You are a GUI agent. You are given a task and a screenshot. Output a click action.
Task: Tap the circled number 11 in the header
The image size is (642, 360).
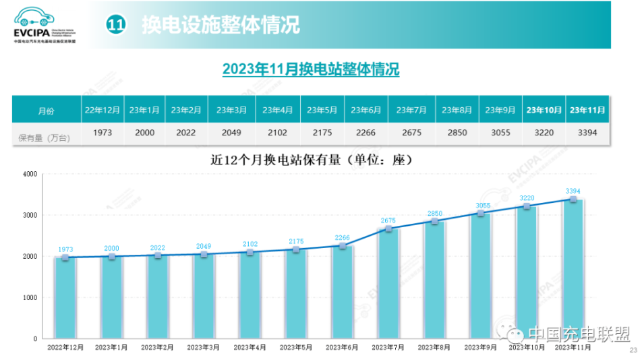[117, 25]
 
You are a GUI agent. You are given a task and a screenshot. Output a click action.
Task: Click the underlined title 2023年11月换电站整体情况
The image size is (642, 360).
[311, 69]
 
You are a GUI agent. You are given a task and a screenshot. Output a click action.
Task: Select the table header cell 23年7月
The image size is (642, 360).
[411, 109]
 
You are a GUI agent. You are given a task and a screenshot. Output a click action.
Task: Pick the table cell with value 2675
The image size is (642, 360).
[411, 133]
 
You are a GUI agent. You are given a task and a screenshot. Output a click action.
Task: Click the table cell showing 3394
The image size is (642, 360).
[587, 133]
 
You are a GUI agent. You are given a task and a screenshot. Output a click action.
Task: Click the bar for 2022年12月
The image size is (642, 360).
[65, 297]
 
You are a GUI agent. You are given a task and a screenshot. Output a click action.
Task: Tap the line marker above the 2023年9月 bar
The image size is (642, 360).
[480, 212]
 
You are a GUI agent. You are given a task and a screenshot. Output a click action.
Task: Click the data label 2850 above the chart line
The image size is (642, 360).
[434, 214]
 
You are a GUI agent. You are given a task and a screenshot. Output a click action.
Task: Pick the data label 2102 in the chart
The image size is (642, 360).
[250, 245]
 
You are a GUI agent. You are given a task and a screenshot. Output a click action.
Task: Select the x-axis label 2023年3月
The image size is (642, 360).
[204, 347]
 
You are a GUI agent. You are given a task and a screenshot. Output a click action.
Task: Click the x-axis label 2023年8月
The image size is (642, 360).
[434, 347]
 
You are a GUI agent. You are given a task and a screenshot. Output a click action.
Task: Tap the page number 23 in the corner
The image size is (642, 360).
[633, 350]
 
